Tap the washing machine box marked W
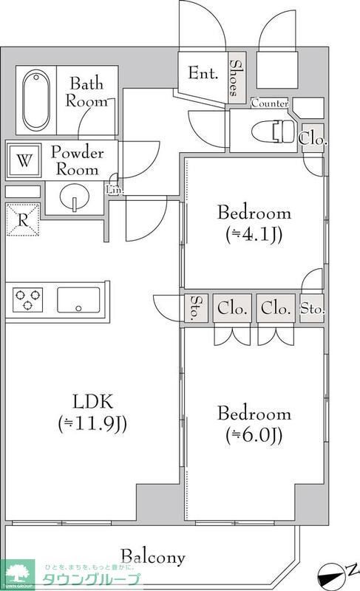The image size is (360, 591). pyautogui.click(x=24, y=159)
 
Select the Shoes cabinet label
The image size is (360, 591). pyautogui.click(x=234, y=78)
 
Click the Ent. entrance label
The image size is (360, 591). pyautogui.click(x=203, y=74)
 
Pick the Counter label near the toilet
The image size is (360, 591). pyautogui.click(x=270, y=104)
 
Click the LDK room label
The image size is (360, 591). pyautogui.click(x=92, y=403)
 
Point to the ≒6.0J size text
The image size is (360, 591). pyautogui.click(x=254, y=435)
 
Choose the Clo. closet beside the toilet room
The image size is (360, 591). pyautogui.click(x=313, y=137)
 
